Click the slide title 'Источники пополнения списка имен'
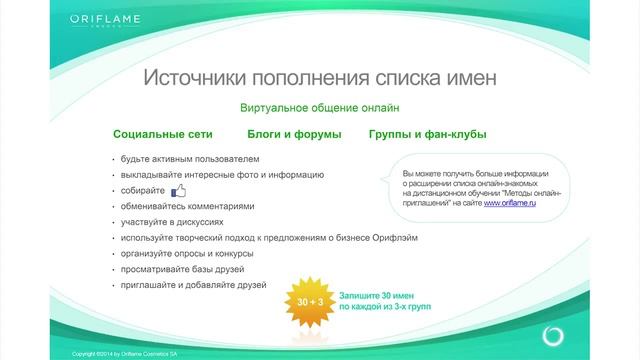(x=319, y=78)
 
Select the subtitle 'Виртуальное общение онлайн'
(x=319, y=107)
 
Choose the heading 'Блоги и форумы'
(x=294, y=134)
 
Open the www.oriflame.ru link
(x=509, y=203)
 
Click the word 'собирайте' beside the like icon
(x=142, y=191)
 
